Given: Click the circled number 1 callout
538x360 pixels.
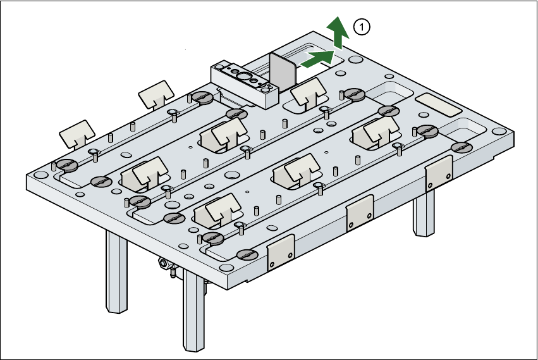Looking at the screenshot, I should pyautogui.click(x=362, y=27).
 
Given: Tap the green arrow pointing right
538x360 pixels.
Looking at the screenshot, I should pyautogui.click(x=318, y=58).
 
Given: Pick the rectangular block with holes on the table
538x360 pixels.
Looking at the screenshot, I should pyautogui.click(x=245, y=82).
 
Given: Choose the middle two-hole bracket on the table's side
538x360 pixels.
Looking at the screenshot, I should pyautogui.click(x=360, y=212).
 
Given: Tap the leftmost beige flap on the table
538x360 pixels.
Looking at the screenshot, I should pyautogui.click(x=78, y=132).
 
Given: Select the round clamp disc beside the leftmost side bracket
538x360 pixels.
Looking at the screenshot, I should pyautogui.click(x=247, y=254).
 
